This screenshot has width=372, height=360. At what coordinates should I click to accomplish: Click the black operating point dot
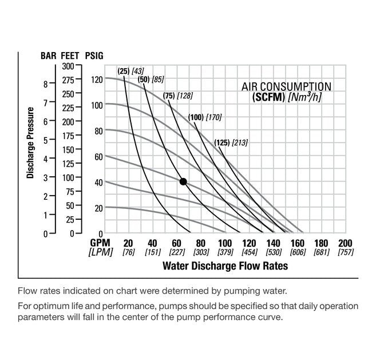click(183, 181)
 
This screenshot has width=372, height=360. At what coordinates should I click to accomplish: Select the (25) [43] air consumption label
click(130, 71)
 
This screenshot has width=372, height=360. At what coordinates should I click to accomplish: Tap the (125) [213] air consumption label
click(231, 142)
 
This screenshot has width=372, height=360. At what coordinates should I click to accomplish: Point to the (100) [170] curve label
click(204, 117)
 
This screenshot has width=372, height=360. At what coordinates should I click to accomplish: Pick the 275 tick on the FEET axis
click(68, 80)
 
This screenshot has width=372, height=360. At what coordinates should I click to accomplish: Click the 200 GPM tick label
click(345, 243)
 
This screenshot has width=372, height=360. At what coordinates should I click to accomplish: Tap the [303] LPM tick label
click(200, 252)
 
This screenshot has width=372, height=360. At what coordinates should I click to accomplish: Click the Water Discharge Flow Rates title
click(225, 266)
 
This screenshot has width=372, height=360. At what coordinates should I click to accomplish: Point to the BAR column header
click(48, 57)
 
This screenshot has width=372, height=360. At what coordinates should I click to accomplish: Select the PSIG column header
click(94, 57)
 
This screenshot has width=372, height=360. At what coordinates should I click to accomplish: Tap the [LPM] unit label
click(101, 252)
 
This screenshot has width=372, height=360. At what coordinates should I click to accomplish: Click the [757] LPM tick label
click(345, 252)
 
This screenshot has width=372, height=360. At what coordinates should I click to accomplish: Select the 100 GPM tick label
click(225, 243)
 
